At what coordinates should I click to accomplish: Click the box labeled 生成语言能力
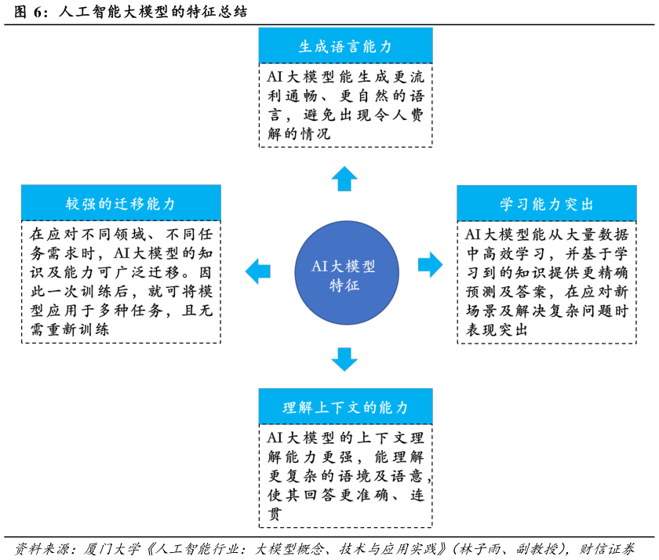pos(345,45)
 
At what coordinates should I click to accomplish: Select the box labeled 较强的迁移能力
pos(121,203)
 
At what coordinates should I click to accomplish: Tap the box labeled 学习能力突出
pos(546,203)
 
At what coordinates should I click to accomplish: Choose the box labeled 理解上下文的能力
pos(345,406)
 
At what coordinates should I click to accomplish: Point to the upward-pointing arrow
pos(344,178)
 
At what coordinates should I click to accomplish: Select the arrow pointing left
pos(257,271)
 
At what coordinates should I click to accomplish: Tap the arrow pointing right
pos(430,264)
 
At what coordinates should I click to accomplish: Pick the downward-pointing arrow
pos(344,359)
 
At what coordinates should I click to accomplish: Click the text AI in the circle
pos(319,267)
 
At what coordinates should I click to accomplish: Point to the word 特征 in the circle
pos(344,286)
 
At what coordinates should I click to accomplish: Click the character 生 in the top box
pos(306,47)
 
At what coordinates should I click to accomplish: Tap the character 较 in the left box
pos(73,205)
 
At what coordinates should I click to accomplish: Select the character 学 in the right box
pos(507,205)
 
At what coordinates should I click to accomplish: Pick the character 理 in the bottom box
pos(290,408)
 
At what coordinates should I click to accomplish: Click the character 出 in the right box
pos(587,205)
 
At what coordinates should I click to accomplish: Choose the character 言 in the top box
pos(353,47)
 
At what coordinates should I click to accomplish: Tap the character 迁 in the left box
pos(120,205)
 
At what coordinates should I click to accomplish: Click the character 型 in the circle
pos(369,267)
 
